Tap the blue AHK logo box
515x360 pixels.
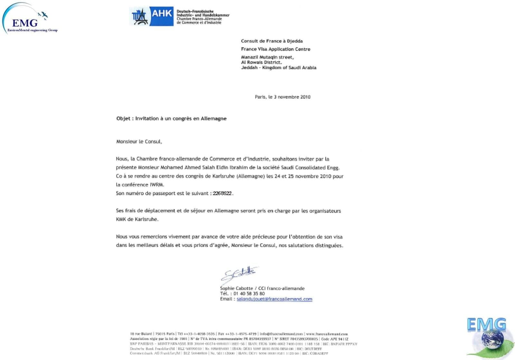tap(162, 16)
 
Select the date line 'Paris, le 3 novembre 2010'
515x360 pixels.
tap(282, 97)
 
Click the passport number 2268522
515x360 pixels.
tap(222, 193)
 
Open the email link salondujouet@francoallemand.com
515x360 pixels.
tap(274, 299)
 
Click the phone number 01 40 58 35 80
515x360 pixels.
tap(249, 293)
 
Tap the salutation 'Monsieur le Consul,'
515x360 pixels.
tap(139, 142)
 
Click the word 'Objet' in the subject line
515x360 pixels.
tap(123, 118)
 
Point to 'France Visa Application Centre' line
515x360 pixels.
tap(276, 49)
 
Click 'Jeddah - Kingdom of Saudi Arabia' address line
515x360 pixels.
tap(278, 68)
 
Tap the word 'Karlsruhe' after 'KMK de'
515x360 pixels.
tap(146, 219)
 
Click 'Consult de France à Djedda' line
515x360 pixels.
tap(272, 41)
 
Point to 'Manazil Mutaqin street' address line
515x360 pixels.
tap(267, 57)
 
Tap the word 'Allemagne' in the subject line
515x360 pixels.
tap(213, 118)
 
